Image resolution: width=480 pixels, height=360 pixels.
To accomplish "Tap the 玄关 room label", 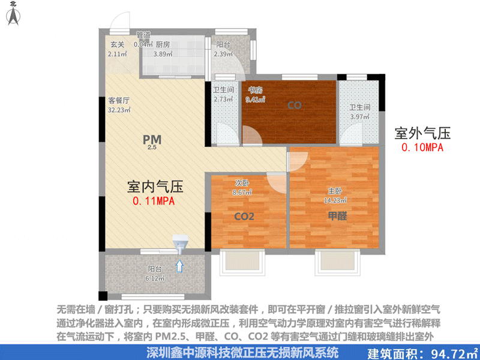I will [x=117, y=44].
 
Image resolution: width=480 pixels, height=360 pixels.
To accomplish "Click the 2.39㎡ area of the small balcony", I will [x=223, y=54].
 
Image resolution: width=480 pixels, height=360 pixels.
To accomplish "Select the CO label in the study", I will [x=294, y=106].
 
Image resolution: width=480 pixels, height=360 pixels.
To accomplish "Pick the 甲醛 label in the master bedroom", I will [x=337, y=216].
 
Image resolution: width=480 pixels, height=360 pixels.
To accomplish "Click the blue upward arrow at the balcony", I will [x=179, y=265].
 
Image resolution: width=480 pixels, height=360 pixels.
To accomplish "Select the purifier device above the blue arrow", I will [x=180, y=244].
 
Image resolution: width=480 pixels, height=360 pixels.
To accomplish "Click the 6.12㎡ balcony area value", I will [x=155, y=278].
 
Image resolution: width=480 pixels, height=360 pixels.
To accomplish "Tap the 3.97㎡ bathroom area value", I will [x=361, y=116].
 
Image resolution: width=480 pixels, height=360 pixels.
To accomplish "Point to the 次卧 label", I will [x=242, y=183].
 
